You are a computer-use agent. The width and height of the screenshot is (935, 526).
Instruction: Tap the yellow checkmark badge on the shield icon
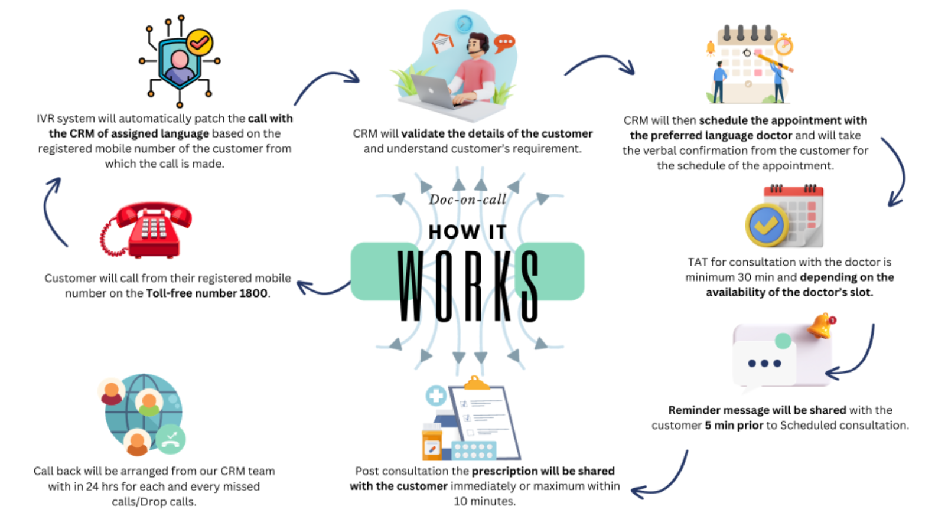click(x=200, y=42)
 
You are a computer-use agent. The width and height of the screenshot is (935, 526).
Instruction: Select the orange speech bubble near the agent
click(x=504, y=43)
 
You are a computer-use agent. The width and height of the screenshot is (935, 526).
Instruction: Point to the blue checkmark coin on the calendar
click(x=766, y=225)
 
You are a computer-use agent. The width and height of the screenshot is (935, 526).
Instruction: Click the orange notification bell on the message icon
click(x=822, y=325)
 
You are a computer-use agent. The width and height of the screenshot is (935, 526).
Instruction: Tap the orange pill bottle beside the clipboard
click(x=432, y=442)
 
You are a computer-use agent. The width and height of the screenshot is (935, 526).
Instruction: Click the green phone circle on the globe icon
click(x=171, y=439)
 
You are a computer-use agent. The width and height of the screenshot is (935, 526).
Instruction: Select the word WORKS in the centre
click(x=468, y=286)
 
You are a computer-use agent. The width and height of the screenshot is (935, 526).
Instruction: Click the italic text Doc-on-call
click(x=467, y=200)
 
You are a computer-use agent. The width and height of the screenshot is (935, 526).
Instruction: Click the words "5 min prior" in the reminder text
click(x=734, y=425)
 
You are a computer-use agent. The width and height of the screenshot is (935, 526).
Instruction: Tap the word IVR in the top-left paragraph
click(x=45, y=118)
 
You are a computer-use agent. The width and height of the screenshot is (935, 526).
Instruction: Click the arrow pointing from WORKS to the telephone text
click(x=322, y=287)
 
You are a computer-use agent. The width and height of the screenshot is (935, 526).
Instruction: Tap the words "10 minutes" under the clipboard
click(x=484, y=501)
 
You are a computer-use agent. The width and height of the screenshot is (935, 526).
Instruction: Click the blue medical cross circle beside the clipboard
click(x=436, y=395)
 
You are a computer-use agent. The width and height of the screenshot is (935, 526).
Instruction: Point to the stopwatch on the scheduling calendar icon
click(x=784, y=45)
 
